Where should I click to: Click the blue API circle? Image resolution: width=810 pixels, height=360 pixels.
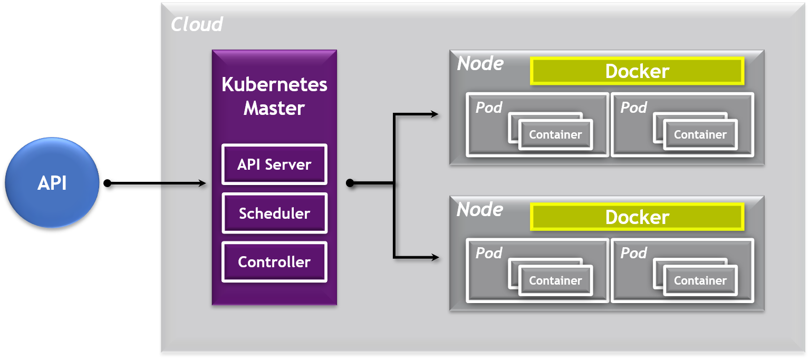tap(52, 183)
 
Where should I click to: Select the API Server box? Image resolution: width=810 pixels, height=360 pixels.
tap(274, 164)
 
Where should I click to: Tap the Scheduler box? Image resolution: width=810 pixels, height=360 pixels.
tap(274, 213)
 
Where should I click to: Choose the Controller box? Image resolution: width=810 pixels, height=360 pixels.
tap(274, 262)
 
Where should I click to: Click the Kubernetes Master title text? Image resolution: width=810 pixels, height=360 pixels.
tap(274, 96)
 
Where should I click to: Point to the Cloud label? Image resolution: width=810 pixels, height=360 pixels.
tap(197, 24)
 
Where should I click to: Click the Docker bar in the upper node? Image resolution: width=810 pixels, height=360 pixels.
tap(637, 71)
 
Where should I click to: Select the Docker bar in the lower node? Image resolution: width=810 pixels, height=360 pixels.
tap(637, 217)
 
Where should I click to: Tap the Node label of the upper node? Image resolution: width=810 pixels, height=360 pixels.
tap(480, 64)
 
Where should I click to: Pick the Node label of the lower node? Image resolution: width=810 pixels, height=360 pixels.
tap(480, 210)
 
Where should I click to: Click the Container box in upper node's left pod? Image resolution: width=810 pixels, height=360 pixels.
tap(555, 135)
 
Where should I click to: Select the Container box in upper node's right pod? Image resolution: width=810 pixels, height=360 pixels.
tap(700, 135)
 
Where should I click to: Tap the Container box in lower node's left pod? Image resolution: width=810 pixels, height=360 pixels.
tap(555, 281)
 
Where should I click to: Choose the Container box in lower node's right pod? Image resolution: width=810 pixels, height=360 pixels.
tap(700, 281)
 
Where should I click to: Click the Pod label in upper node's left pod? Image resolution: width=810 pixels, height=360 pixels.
tap(489, 108)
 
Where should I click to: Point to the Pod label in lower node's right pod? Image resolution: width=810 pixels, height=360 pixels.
tap(633, 254)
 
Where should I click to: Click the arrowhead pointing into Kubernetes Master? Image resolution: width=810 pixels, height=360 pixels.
tap(201, 183)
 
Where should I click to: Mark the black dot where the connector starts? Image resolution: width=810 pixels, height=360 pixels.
tap(350, 183)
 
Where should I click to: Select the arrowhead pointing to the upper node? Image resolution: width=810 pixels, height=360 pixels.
tap(435, 114)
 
